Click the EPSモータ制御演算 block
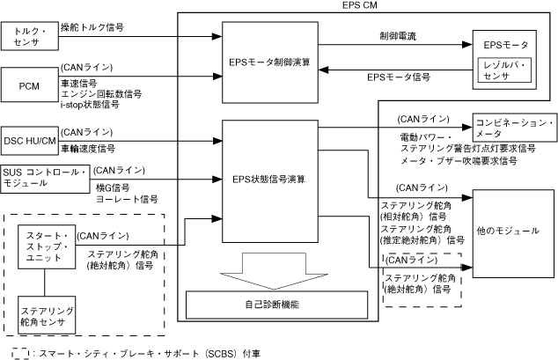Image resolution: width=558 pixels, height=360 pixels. (271, 65)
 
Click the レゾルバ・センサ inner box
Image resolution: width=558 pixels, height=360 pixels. (504, 70)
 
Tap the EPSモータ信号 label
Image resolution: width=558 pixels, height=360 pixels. (398, 77)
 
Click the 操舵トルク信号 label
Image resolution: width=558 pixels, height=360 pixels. (91, 28)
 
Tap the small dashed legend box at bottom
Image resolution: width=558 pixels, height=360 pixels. (17, 353)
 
